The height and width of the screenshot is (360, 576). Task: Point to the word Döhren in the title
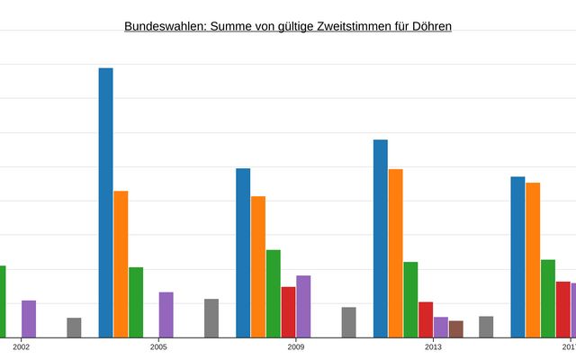pos(430,26)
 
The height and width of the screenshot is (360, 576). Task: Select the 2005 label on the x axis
pos(159,346)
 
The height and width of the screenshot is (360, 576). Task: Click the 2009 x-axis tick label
pos(296,346)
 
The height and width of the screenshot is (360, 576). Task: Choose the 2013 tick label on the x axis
pos(433,346)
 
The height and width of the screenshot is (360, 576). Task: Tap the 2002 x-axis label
pos(22,346)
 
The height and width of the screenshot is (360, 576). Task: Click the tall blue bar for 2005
pos(105,202)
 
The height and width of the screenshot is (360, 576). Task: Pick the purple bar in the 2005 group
pos(166,314)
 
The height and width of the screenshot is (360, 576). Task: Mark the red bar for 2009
pos(288,311)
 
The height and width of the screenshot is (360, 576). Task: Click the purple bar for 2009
pos(303,306)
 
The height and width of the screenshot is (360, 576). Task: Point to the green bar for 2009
pos(273,293)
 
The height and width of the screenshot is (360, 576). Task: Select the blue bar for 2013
pos(381,238)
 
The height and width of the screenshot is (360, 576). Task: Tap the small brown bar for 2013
pos(456,328)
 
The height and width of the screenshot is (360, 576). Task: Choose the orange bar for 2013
pos(396,253)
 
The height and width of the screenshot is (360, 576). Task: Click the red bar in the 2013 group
pos(426,319)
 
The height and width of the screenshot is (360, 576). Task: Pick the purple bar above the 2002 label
pos(29,319)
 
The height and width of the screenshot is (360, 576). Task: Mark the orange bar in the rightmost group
pos(533,260)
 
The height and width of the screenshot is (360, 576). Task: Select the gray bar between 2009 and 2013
pos(349,322)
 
